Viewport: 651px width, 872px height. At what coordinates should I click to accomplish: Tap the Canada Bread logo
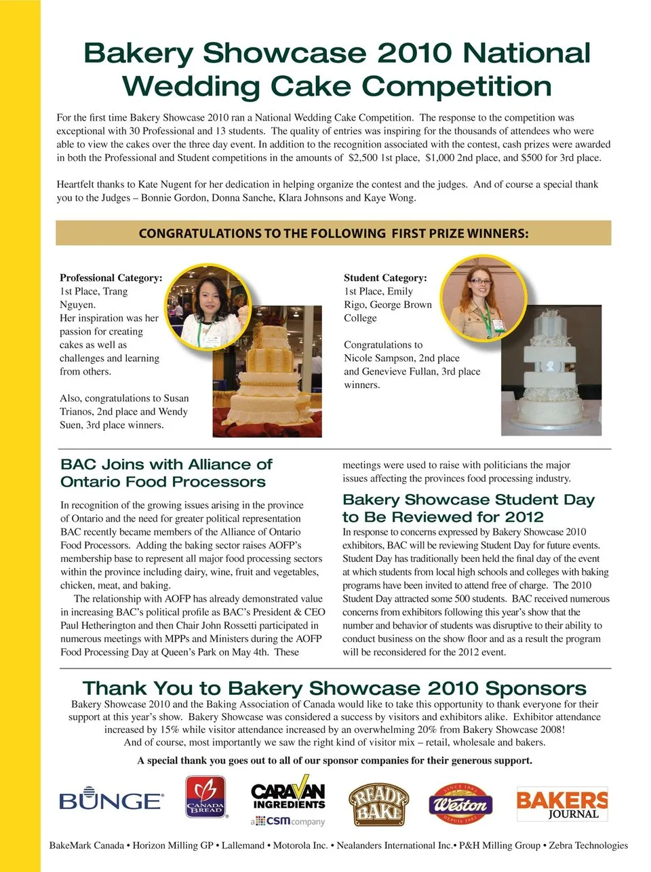[205, 797]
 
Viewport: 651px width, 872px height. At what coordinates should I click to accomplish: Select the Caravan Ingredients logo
[288, 803]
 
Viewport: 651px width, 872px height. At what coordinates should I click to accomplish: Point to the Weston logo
[460, 804]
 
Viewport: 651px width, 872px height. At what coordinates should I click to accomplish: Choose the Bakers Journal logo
[561, 804]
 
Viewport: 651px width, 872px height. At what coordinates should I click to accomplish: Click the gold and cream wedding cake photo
[267, 380]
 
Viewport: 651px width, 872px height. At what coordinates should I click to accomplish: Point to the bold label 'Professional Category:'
[111, 278]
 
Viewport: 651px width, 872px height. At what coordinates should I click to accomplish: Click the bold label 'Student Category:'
[385, 278]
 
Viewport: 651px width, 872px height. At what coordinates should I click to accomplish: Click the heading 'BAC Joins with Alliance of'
[166, 464]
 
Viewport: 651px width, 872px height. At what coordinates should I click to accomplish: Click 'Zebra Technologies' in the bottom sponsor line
[588, 846]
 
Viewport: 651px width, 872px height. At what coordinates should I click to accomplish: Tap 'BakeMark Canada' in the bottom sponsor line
[87, 846]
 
